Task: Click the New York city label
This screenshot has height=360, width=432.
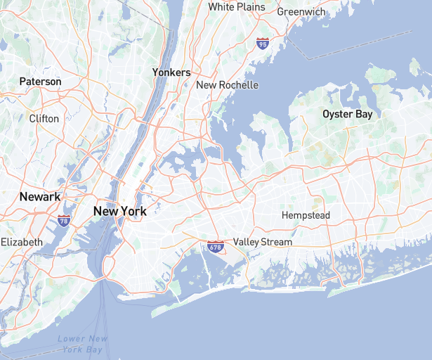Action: (x=119, y=211)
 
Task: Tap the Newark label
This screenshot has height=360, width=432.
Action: (x=40, y=197)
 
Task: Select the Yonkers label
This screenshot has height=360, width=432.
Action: (x=171, y=72)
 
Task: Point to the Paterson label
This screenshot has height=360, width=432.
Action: (x=41, y=82)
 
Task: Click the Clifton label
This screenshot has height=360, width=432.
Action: (x=44, y=118)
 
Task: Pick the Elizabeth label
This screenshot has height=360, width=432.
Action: (x=22, y=242)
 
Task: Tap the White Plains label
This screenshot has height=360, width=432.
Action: (x=237, y=7)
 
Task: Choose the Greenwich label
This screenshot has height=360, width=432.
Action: (x=300, y=12)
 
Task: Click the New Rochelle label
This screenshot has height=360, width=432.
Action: (x=227, y=85)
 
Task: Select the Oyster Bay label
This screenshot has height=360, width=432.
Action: (x=347, y=113)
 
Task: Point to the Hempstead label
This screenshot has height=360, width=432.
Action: (x=306, y=214)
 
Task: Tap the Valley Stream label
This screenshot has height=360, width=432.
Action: (x=263, y=242)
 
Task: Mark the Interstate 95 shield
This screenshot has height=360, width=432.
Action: (x=263, y=44)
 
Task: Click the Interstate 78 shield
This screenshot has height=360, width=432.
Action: (x=64, y=221)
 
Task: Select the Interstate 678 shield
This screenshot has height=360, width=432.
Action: (x=216, y=247)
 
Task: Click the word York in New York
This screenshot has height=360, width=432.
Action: (x=133, y=211)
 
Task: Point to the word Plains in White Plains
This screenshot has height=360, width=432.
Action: (x=251, y=7)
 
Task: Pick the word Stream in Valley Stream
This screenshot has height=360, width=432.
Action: (x=276, y=242)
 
